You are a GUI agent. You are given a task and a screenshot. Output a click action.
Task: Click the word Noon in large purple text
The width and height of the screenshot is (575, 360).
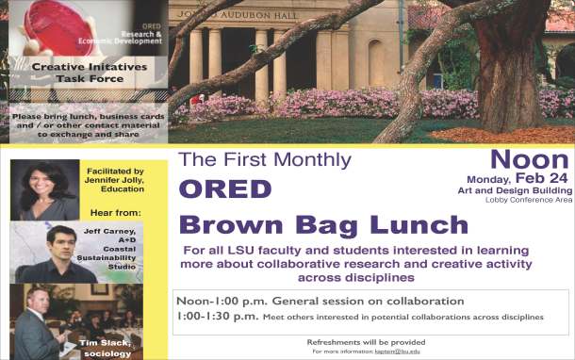point(530,158)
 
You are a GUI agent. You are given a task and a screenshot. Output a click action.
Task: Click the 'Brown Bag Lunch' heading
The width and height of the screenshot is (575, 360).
point(323,225)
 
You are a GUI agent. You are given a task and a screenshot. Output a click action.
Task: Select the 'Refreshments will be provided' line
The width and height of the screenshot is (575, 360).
point(366,341)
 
